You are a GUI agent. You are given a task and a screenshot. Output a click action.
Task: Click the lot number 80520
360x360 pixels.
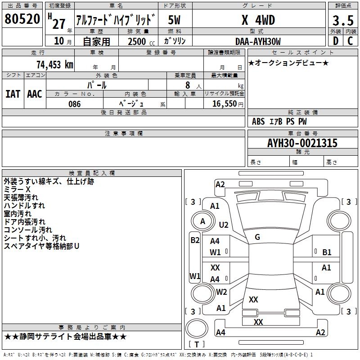point(22,19)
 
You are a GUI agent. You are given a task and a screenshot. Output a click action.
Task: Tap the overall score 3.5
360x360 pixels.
point(342,20)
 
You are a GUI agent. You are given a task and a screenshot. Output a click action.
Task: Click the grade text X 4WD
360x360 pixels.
point(258,20)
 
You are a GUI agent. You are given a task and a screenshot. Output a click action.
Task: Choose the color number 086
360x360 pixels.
point(74,104)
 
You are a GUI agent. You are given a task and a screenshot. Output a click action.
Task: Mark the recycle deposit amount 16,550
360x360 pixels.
point(224,104)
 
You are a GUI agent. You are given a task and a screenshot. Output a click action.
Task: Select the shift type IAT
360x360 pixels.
point(13,94)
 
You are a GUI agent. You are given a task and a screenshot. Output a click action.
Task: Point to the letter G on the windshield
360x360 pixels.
point(257,237)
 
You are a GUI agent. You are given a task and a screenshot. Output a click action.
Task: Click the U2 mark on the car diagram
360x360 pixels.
point(224,225)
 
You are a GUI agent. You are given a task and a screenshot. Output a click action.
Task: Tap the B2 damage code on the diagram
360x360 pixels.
point(195,240)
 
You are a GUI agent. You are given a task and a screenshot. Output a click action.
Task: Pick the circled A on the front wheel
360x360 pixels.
point(202,221)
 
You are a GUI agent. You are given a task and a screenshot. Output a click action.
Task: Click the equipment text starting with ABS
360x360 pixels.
point(279,121)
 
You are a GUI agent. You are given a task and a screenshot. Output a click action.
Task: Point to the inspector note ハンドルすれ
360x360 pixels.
point(24,206)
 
